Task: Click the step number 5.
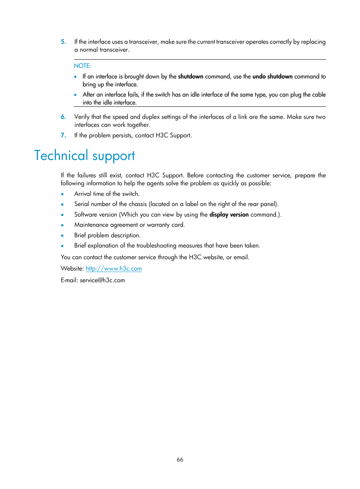pos(63,42)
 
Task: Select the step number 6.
pos(63,117)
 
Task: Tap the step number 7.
pos(63,135)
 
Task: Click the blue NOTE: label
pos(82,66)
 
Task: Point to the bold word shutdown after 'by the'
pos(191,77)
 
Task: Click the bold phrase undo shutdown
pos(272,77)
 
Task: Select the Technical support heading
pos(85,155)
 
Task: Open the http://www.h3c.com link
pos(114,269)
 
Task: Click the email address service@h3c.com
pos(102,280)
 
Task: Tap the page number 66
pos(180,459)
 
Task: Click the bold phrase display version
pos(229,215)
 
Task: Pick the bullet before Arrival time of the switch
pos(63,194)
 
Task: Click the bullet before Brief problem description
pos(63,236)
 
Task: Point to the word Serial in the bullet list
pos(82,204)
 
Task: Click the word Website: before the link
pos(72,269)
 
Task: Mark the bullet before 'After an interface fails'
pos(75,95)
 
